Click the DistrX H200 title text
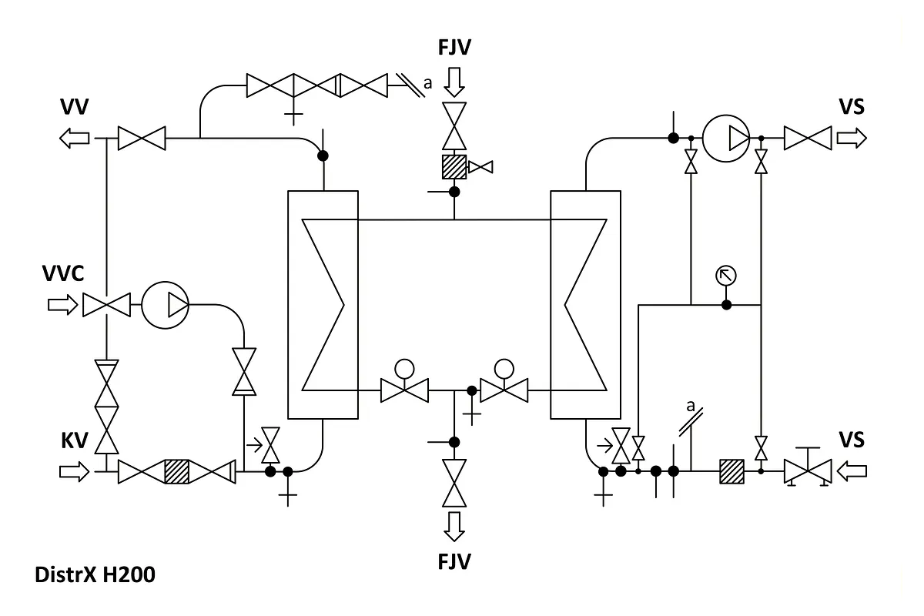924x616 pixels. pyautogui.click(x=95, y=574)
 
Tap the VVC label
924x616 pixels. pyautogui.click(x=63, y=273)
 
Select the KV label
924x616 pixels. pyautogui.click(x=75, y=440)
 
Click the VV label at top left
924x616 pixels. pyautogui.click(x=74, y=106)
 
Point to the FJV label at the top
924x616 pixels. pyautogui.click(x=454, y=47)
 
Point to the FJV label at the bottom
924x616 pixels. pyautogui.click(x=454, y=561)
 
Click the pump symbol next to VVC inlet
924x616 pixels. pyautogui.click(x=166, y=306)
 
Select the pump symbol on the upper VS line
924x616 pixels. pyautogui.click(x=726, y=139)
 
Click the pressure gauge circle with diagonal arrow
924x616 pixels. pyautogui.click(x=726, y=276)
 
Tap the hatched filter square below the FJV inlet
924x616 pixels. pyautogui.click(x=454, y=167)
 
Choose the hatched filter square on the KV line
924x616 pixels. pyautogui.click(x=177, y=471)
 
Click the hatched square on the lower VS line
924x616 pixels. pyautogui.click(x=732, y=471)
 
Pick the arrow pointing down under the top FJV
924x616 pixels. pyautogui.click(x=454, y=82)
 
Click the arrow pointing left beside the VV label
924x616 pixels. pyautogui.click(x=74, y=139)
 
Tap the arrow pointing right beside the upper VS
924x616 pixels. pyautogui.click(x=852, y=139)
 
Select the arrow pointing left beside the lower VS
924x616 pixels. pyautogui.click(x=852, y=471)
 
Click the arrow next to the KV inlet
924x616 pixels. pyautogui.click(x=74, y=471)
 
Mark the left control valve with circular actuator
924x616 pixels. pyautogui.click(x=405, y=381)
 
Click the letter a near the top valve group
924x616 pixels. pyautogui.click(x=428, y=84)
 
